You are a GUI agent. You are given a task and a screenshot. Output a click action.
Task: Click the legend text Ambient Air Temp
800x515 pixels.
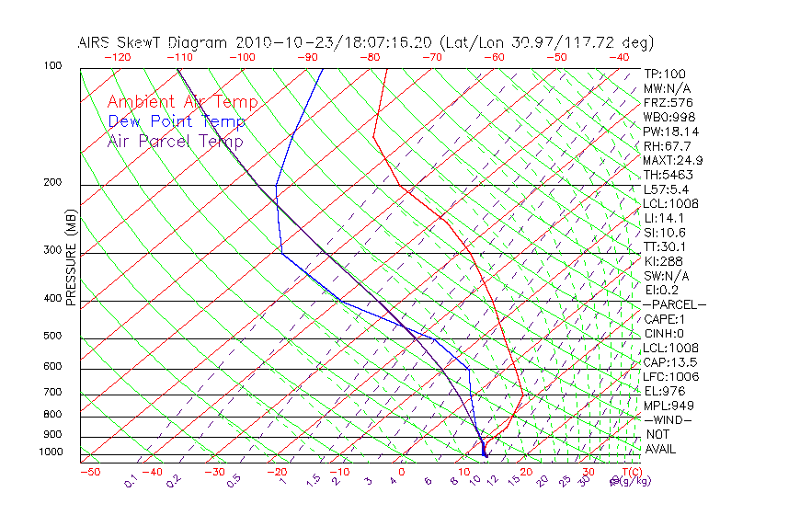click(182, 103)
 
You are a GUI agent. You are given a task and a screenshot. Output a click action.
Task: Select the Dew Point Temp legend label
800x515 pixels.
click(177, 122)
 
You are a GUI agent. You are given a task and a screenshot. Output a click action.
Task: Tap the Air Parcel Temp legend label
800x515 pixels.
click(175, 142)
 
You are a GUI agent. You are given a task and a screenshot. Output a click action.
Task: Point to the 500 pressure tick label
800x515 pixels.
click(52, 337)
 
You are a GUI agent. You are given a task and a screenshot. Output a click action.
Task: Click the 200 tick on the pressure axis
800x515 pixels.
click(52, 183)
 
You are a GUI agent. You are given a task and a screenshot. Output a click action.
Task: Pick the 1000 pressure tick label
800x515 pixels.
click(50, 452)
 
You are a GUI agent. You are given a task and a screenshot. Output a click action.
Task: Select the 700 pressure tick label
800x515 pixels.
click(52, 393)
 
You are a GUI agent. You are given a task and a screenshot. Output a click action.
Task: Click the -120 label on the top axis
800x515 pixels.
click(117, 57)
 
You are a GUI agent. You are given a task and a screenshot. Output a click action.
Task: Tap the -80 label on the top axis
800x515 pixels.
click(371, 57)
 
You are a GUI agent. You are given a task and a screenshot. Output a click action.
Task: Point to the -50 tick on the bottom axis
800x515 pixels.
click(89, 472)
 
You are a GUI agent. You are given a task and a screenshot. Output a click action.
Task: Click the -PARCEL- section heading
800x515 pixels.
click(675, 304)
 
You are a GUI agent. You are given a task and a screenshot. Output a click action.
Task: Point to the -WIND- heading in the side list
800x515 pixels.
click(669, 420)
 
